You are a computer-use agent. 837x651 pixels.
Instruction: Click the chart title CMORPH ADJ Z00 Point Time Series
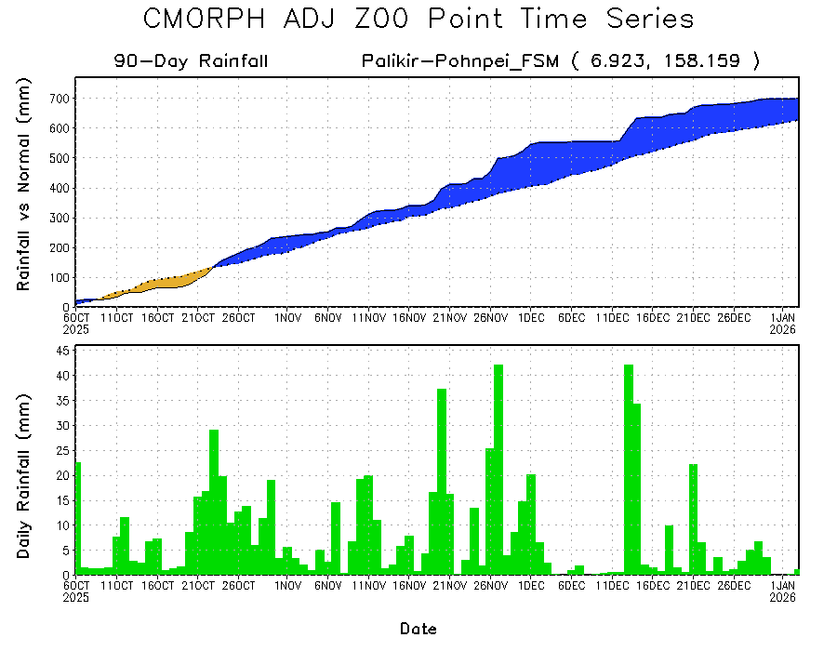pyautogui.click(x=418, y=20)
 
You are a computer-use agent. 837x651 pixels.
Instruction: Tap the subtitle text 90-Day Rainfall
pyautogui.click(x=192, y=61)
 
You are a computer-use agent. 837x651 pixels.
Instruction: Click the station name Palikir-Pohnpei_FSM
pyautogui.click(x=459, y=61)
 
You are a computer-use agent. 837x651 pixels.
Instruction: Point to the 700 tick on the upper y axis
pyautogui.click(x=58, y=99)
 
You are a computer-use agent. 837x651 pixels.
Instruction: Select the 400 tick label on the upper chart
pyautogui.click(x=58, y=188)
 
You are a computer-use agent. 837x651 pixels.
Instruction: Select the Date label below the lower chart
pyautogui.click(x=418, y=629)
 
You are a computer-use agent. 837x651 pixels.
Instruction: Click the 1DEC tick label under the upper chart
pyautogui.click(x=531, y=318)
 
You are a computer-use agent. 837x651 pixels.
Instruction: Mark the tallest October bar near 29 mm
pyautogui.click(x=214, y=502)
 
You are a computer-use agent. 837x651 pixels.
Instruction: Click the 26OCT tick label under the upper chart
pyautogui.click(x=239, y=318)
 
